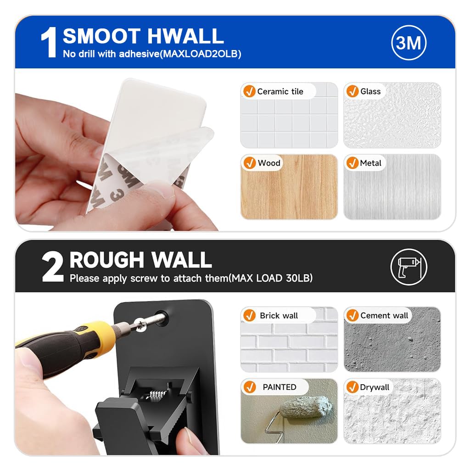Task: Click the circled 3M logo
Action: (409, 43)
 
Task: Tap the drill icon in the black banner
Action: (409, 267)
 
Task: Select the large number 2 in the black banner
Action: (52, 267)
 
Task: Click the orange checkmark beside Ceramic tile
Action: (249, 91)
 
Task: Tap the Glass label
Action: (370, 91)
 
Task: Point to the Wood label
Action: (269, 163)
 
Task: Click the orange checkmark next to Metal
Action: (352, 163)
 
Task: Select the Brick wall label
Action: (279, 316)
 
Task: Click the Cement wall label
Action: (384, 315)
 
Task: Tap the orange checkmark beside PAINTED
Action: (249, 387)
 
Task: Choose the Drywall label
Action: (375, 387)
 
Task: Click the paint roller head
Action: (306, 407)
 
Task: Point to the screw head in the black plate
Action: (140, 325)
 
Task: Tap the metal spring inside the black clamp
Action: (157, 394)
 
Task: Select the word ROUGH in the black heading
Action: (106, 260)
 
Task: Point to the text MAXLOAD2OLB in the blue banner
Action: (200, 54)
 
